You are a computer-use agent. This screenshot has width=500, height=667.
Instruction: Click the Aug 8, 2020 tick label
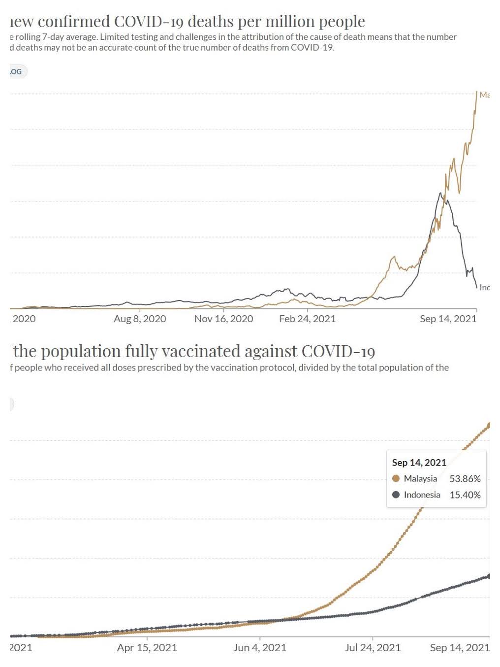[x=140, y=319]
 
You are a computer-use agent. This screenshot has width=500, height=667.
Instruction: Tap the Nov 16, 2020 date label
[x=223, y=319]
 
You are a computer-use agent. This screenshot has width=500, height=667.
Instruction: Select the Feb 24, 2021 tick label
[x=307, y=319]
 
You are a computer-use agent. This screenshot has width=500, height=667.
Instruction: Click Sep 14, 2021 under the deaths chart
[x=448, y=319]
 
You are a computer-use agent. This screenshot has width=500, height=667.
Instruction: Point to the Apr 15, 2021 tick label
[x=147, y=647]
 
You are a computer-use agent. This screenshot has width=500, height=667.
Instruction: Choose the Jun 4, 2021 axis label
[x=259, y=647]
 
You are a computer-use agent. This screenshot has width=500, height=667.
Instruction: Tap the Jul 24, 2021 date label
[x=373, y=647]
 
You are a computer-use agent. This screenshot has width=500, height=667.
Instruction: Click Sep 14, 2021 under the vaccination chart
[x=459, y=647]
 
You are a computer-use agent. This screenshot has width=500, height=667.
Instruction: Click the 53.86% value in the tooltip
[x=465, y=478]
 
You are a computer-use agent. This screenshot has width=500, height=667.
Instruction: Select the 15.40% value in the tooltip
[x=465, y=495]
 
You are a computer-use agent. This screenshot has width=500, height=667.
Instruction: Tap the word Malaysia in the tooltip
[x=420, y=478]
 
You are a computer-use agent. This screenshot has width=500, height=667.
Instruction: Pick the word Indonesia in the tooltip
[x=422, y=495]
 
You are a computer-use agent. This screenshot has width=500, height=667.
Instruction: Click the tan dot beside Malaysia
[x=396, y=478]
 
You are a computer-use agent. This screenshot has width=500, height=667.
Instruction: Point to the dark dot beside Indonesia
[x=396, y=495]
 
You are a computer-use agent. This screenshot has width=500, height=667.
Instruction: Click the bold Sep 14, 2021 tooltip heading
[x=419, y=463]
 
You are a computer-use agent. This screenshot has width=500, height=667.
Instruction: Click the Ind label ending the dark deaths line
[x=485, y=287]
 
